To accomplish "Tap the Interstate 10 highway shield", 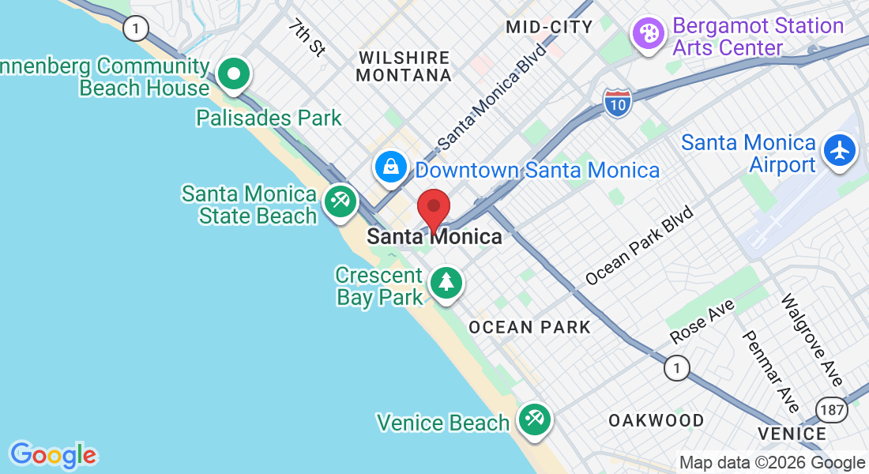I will pyautogui.click(x=617, y=103).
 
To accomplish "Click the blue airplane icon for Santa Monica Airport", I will pyautogui.click(x=839, y=149).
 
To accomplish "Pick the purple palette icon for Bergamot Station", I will pyautogui.click(x=648, y=35).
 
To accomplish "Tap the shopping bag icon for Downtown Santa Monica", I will pyautogui.click(x=391, y=167).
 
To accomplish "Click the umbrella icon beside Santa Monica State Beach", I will pyautogui.click(x=340, y=202).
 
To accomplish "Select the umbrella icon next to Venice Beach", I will pyautogui.click(x=534, y=419).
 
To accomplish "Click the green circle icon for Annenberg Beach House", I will pyautogui.click(x=234, y=76).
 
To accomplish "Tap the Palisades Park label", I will pyautogui.click(x=269, y=118).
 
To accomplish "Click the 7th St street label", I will pyautogui.click(x=307, y=38).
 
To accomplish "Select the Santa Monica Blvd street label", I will pyautogui.click(x=492, y=96).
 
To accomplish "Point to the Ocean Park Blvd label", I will pyautogui.click(x=639, y=246).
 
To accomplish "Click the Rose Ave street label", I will pyautogui.click(x=702, y=322).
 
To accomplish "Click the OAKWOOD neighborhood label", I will pyautogui.click(x=656, y=420).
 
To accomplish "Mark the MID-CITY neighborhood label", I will pyautogui.click(x=549, y=27).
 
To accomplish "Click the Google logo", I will pyautogui.click(x=53, y=455).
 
